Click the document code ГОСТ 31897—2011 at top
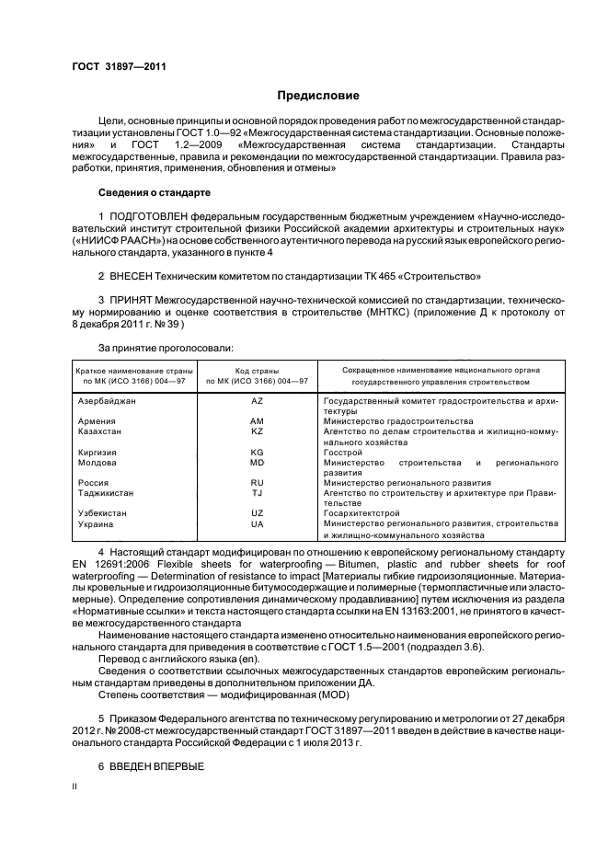[113, 65]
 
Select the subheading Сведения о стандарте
[154, 192]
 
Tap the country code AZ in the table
[257, 402]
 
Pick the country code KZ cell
[257, 430]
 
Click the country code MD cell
[257, 462]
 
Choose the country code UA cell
[257, 523]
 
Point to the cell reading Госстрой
[343, 452]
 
